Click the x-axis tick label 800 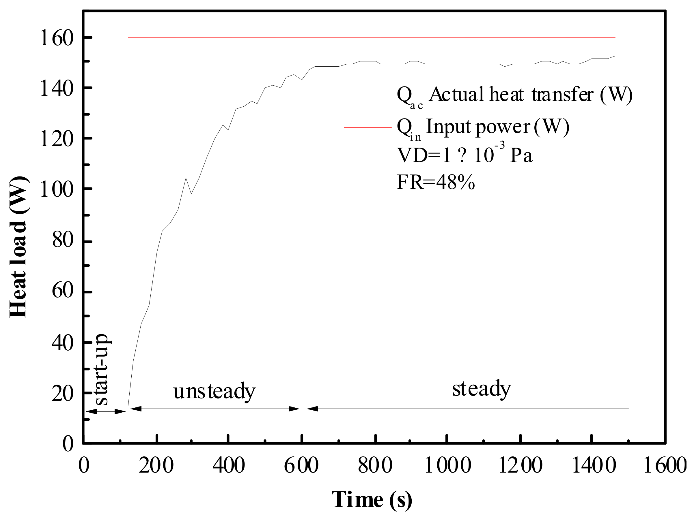375,466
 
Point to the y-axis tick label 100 57,189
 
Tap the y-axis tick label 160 57,38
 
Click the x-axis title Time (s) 372,500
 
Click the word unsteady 214,392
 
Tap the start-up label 102,370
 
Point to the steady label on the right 482,389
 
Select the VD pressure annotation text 464,155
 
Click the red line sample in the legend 367,127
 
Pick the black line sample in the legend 367,93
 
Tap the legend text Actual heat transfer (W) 530,94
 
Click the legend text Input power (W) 497,127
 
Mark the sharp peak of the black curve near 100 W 186,178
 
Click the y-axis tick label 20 62,394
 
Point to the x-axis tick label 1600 665,466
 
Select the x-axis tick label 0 84,466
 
